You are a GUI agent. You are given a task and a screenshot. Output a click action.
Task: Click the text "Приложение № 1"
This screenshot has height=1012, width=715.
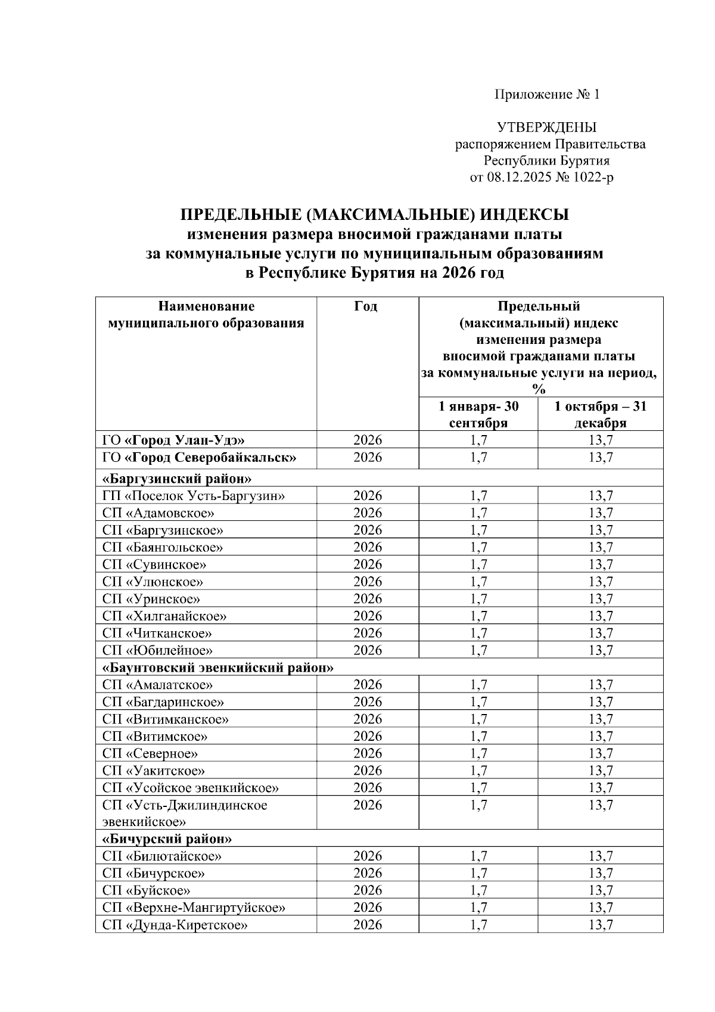(546, 95)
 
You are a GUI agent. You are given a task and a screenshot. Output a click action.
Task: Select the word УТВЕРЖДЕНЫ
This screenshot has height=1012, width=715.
(546, 128)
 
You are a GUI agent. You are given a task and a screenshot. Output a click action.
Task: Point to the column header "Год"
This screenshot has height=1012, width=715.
(366, 307)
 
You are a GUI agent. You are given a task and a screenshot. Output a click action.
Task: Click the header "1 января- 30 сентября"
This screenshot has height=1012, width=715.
(478, 415)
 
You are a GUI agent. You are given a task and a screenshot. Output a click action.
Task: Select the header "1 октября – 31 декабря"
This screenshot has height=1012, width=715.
(600, 415)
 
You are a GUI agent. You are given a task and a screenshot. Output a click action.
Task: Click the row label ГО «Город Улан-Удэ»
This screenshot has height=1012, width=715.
(173, 441)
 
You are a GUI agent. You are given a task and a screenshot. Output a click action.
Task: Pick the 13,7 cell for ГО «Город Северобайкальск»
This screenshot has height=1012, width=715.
(600, 458)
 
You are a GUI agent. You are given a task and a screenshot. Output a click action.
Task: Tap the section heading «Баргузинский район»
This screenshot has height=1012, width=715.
(177, 479)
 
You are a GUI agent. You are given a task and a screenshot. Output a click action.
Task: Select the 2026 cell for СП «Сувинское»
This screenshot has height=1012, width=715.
(367, 564)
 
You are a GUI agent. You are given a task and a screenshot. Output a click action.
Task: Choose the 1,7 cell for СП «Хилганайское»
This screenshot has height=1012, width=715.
(478, 616)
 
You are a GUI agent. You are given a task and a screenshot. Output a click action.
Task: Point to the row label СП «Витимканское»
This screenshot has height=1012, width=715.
(165, 719)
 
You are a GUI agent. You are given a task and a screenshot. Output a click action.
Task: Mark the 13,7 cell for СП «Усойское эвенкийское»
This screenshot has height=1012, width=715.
(600, 788)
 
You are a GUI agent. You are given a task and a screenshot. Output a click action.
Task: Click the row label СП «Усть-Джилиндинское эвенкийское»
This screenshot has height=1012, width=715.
(185, 814)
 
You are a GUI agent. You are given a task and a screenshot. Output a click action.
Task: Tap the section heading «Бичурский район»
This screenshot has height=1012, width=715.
(167, 839)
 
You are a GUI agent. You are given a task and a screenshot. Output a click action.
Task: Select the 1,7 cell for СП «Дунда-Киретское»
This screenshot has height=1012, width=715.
(478, 925)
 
